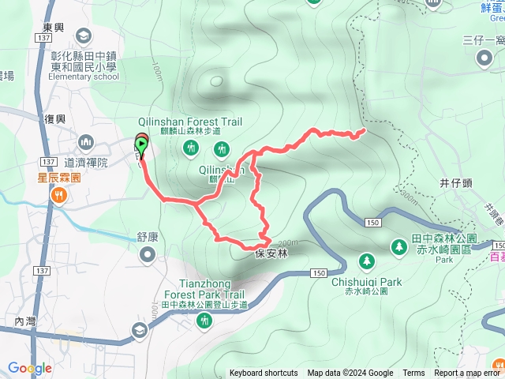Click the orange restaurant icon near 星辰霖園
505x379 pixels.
pos(60,197)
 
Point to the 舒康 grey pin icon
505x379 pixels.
pos(148,253)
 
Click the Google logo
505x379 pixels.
pos(29,368)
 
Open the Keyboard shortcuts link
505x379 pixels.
pos(264,373)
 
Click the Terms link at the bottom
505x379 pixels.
pos(413,373)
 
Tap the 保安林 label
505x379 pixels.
pos(272,253)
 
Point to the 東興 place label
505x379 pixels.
pos(53,28)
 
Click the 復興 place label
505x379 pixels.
pos(54,119)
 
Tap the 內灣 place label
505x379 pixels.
pos(25,321)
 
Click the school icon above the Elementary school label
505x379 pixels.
pos(83,35)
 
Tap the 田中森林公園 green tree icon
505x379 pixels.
pos(399,248)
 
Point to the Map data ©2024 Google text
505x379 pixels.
pos(350,373)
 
